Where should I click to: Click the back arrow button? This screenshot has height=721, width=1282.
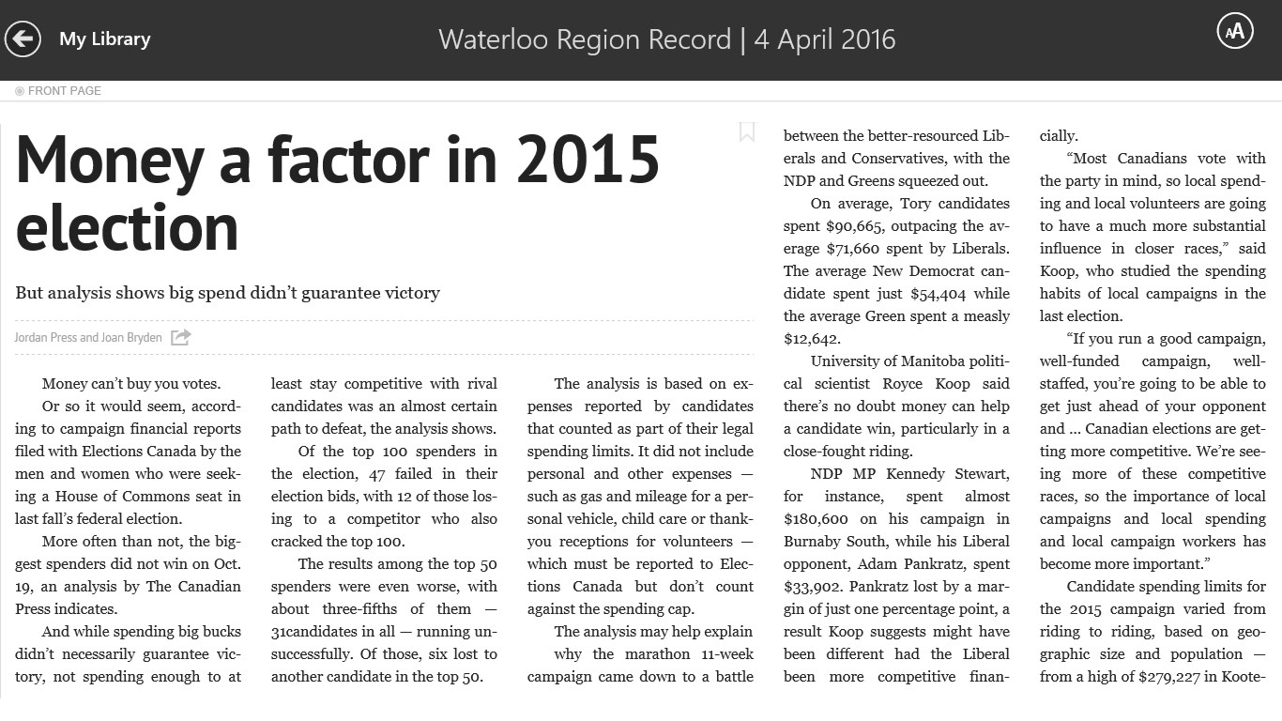pyautogui.click(x=23, y=38)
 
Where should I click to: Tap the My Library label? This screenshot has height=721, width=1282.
pyautogui.click(x=104, y=38)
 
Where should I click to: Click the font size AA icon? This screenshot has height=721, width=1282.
pyautogui.click(x=1235, y=31)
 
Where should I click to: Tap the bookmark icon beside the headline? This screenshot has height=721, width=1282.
pyautogui.click(x=747, y=131)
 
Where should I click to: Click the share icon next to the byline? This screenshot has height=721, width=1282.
pyautogui.click(x=180, y=337)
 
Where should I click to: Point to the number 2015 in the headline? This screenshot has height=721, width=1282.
pyautogui.click(x=588, y=160)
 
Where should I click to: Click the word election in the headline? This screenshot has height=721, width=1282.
pyautogui.click(x=127, y=227)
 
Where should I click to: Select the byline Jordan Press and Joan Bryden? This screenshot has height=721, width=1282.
pyautogui.click(x=88, y=337)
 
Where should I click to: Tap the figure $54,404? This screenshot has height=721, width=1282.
pyautogui.click(x=939, y=294)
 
